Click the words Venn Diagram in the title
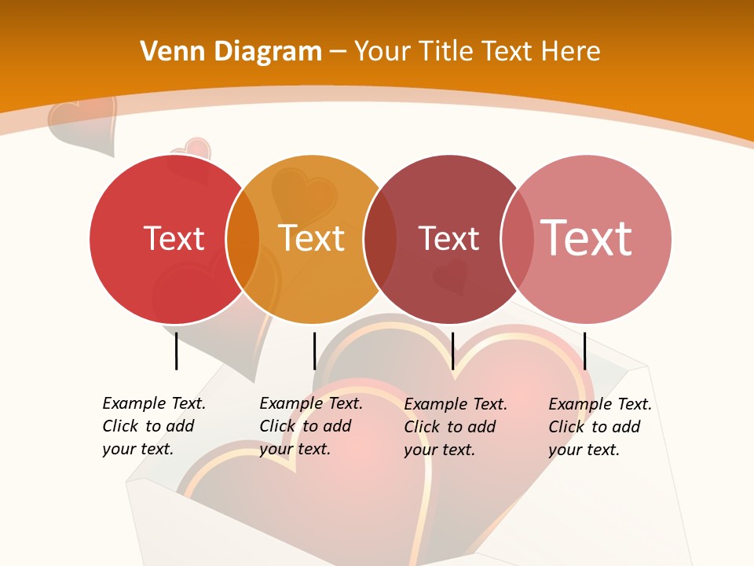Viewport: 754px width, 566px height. [231, 52]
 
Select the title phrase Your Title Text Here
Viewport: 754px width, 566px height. [477, 52]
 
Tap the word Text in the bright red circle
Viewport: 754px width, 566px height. [174, 238]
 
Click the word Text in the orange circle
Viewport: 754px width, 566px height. [311, 238]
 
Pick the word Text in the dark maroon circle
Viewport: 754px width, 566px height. [448, 238]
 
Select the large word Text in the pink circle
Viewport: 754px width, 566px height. [586, 237]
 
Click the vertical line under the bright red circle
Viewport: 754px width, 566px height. [176, 351]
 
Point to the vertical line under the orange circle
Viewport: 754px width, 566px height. [314, 351]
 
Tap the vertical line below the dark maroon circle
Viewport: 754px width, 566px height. [452, 351]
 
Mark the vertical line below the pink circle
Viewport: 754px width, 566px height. [584, 351]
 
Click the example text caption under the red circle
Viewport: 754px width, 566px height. [154, 426]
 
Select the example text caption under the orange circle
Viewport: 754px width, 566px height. [311, 426]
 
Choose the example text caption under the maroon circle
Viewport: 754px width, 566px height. [456, 427]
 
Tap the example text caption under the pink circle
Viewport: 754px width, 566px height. [600, 427]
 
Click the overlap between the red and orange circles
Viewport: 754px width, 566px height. [243, 239]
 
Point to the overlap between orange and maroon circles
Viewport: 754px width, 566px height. [380, 239]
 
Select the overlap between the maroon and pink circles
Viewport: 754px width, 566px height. [517, 239]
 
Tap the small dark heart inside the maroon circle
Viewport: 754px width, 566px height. [451, 277]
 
